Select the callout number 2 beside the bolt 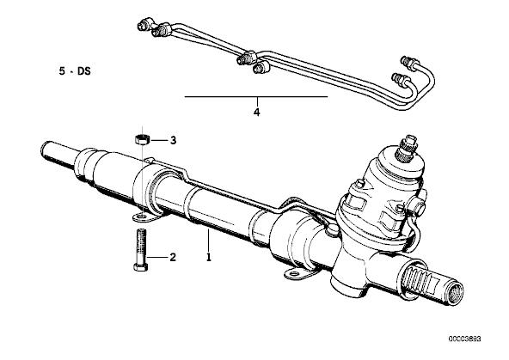coord(172,257)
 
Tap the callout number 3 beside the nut coord(174,140)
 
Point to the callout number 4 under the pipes coord(256,113)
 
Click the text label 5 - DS coord(75,71)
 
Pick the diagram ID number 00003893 coord(465,339)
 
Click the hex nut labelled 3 coord(142,140)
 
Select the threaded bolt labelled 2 coord(140,250)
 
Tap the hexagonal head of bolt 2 coord(140,267)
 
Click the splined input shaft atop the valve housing coord(408,144)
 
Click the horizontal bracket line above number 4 coord(256,96)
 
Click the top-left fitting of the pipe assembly coord(145,24)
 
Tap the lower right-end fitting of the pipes coord(401,78)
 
